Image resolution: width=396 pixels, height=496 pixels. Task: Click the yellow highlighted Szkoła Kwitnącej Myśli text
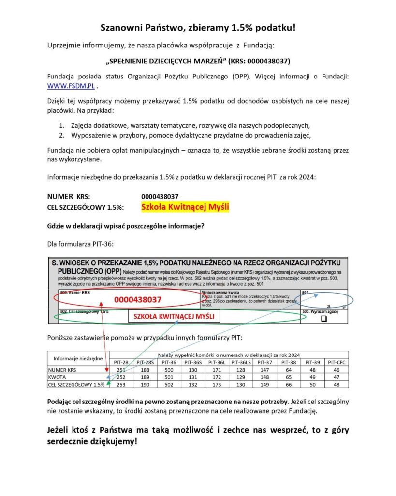pyautogui.click(x=185, y=207)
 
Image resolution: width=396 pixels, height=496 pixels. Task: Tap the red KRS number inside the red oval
pyautogui.click(x=137, y=300)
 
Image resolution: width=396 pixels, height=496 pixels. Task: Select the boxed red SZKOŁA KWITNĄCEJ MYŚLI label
pyautogui.click(x=174, y=317)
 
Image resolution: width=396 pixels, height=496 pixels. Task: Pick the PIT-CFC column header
pyautogui.click(x=337, y=362)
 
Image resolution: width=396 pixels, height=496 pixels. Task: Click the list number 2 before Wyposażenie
pyautogui.click(x=62, y=135)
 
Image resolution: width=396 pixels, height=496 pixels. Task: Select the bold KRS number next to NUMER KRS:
pyautogui.click(x=160, y=197)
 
